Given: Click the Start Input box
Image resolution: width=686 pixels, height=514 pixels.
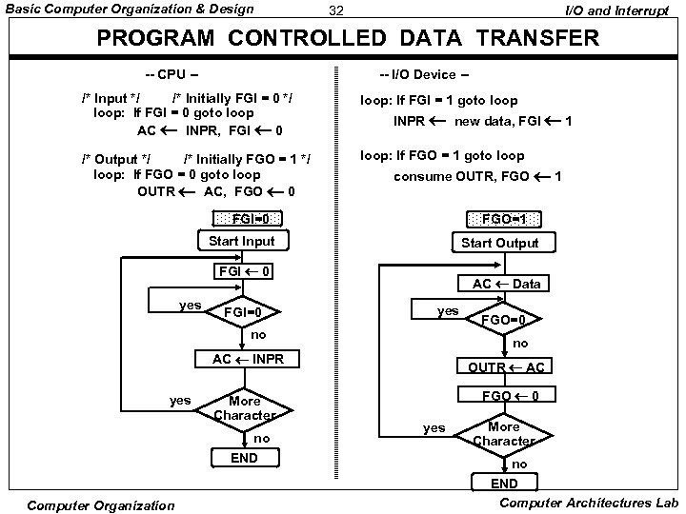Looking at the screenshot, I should coord(242,241).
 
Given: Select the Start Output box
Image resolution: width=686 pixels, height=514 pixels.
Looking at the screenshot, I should coord(499,243).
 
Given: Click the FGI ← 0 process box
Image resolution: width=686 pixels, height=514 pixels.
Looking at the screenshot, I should coord(245,272).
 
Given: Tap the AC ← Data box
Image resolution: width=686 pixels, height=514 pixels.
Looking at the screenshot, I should coord(505,285).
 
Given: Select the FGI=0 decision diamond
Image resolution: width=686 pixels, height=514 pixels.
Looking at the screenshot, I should coord(250,311).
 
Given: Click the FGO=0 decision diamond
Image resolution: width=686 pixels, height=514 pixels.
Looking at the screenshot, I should coord(504,320).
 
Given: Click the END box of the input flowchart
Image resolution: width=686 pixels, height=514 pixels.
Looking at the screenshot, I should coord(245,458).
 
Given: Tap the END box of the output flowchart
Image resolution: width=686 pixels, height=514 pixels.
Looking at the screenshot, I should coord(504,483).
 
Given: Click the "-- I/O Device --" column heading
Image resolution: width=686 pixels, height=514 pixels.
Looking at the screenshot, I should coord(422,74).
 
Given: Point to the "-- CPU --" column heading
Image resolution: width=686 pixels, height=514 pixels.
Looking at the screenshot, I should coord(171,74).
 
